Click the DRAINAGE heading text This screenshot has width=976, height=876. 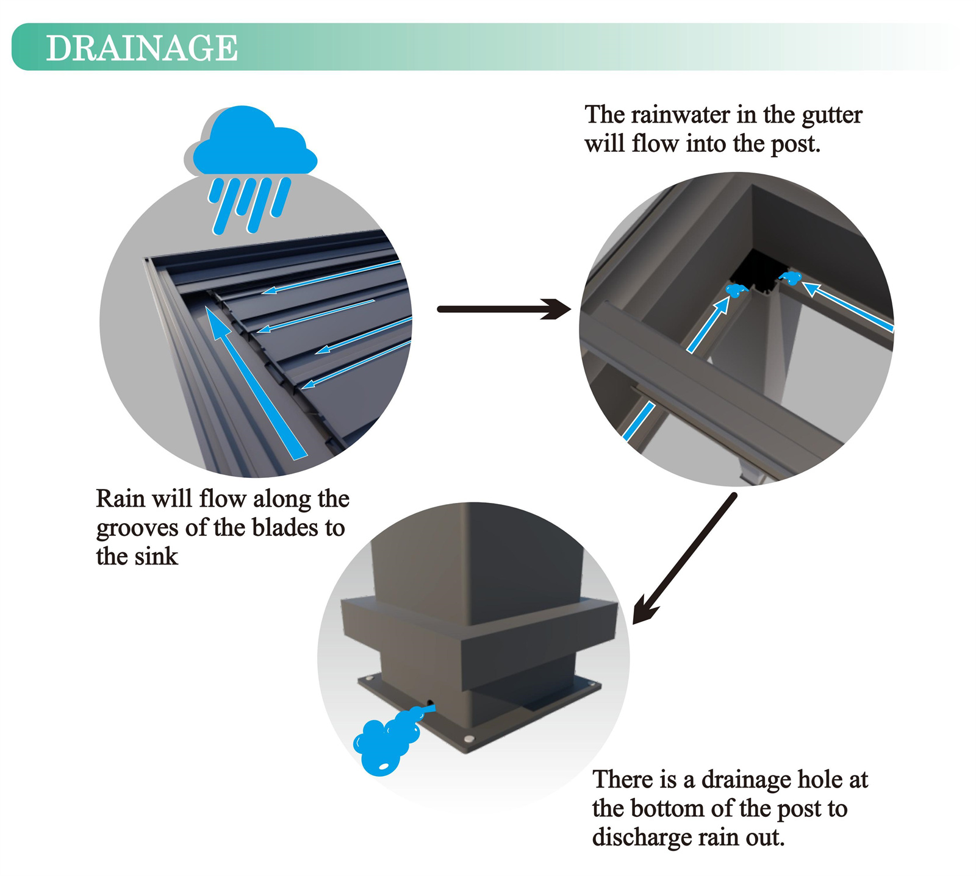[142, 48]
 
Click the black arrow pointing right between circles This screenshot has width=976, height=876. [504, 309]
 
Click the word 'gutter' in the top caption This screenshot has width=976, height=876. [831, 115]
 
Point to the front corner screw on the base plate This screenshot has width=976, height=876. [468, 739]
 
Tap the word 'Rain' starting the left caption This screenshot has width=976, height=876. [120, 499]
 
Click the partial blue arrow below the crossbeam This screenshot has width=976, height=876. [638, 421]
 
